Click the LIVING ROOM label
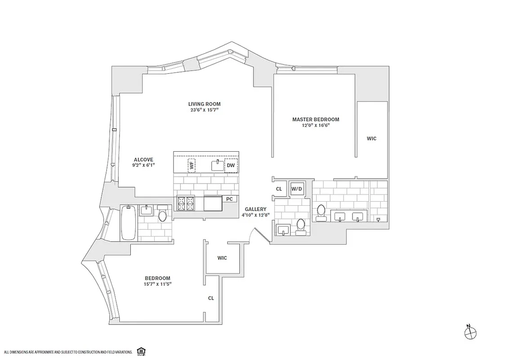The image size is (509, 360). pyautogui.click(x=204, y=104)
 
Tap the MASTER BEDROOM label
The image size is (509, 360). pyautogui.click(x=315, y=119)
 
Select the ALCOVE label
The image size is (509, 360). pyautogui.click(x=143, y=159)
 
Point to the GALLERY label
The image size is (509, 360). pyautogui.click(x=255, y=209)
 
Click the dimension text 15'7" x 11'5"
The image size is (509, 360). pyautogui.click(x=158, y=284)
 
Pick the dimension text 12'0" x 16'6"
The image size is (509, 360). pyautogui.click(x=315, y=126)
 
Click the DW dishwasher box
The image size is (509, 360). pyautogui.click(x=231, y=166)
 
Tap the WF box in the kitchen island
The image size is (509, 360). pyautogui.click(x=192, y=165)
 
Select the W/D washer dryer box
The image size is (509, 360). pyautogui.click(x=296, y=189)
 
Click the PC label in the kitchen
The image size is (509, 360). pyautogui.click(x=229, y=198)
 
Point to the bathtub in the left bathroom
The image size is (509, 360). pyautogui.click(x=128, y=223)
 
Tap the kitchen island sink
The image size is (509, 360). pyautogui.click(x=218, y=165)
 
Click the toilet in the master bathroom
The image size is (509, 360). pyautogui.click(x=321, y=213)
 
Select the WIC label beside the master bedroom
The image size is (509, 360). pyautogui.click(x=371, y=139)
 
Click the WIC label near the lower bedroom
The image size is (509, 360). pyautogui.click(x=222, y=258)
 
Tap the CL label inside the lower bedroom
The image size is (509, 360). pyautogui.click(x=210, y=298)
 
